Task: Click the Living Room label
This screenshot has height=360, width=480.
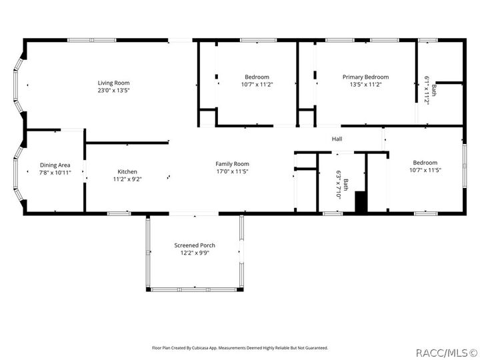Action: tap(113, 83)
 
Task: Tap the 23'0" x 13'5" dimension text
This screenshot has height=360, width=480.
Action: tap(113, 90)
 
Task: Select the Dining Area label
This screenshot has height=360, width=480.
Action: tap(55, 165)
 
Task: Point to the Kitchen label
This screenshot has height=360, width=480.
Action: tap(127, 171)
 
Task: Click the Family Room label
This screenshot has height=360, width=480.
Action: tap(232, 164)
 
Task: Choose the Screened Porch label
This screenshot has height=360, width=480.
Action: tap(195, 245)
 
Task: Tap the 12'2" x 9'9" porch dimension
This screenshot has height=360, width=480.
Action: tap(195, 253)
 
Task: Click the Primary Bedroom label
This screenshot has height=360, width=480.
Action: tap(365, 77)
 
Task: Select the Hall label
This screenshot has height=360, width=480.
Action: tap(337, 139)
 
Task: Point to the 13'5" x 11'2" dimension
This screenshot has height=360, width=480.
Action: tap(365, 85)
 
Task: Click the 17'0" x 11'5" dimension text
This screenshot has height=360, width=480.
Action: tap(232, 171)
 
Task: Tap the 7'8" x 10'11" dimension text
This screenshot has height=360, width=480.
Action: tap(55, 172)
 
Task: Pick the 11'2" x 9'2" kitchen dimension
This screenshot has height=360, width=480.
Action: tap(127, 179)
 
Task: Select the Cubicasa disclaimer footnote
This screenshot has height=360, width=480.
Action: tap(240, 347)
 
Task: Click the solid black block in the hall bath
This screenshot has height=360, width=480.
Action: tap(361, 202)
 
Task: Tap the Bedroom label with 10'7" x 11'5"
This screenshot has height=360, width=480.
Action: tap(425, 163)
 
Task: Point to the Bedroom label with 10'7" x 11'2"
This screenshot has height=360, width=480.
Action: tap(257, 77)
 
